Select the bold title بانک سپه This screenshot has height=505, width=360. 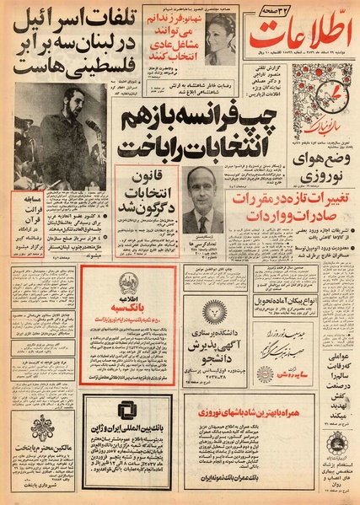click(x=131, y=309)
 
